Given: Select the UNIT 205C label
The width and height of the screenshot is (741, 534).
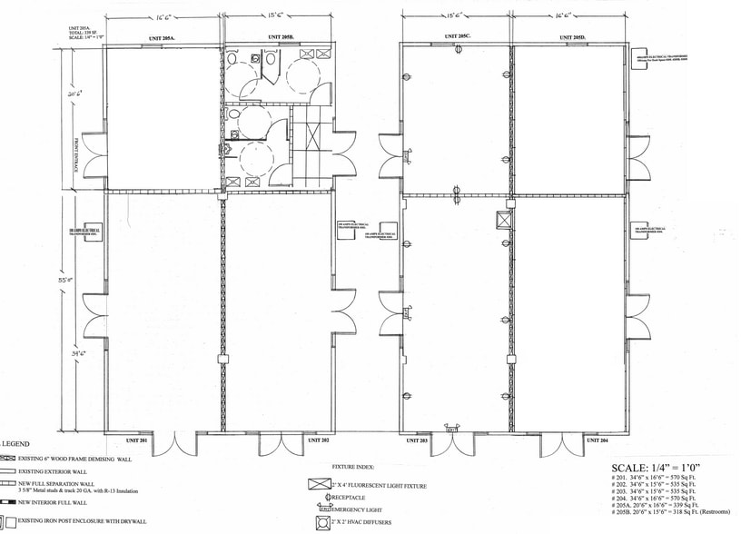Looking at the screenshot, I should [458, 37].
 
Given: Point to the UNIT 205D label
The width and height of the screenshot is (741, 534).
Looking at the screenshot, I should [572, 37].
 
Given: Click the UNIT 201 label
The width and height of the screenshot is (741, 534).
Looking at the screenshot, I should [139, 440].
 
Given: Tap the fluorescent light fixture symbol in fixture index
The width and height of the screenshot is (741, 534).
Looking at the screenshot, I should [320, 483].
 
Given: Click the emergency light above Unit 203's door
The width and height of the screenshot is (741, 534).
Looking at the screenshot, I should [450, 422].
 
